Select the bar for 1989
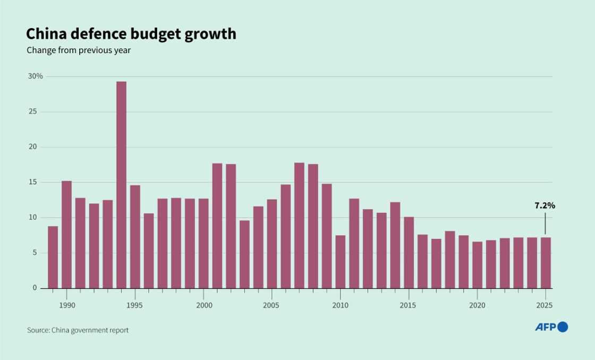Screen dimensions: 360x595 pos(53,257)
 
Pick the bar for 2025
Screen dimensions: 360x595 pos(546,262)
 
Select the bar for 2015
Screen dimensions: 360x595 pos(409,252)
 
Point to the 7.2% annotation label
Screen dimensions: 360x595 pos(545,205)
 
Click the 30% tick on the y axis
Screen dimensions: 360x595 pos(36,76)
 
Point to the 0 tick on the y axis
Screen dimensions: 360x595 pos(35,288)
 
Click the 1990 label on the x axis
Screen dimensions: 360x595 pos(66,305)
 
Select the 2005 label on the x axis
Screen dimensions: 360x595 pos(271,305)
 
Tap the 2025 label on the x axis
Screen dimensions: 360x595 pos(545,305)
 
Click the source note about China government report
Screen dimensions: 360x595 pos(78,330)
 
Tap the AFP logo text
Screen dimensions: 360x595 pos(545,327)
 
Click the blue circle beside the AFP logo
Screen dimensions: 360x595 pos(563,327)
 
